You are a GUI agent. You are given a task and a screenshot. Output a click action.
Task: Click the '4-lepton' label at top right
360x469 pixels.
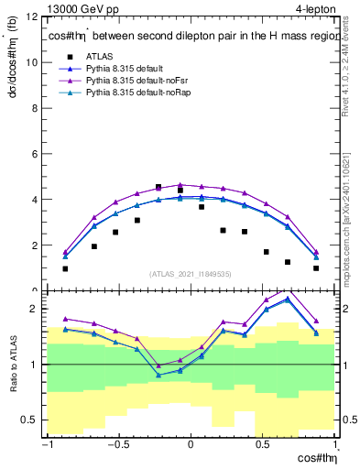[x=314, y=8]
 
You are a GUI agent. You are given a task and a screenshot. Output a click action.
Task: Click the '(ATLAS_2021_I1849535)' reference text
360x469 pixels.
[x=191, y=273]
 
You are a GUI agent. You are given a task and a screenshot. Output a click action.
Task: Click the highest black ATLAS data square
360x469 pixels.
[x=158, y=187]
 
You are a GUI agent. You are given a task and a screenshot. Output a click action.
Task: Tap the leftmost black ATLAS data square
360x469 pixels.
[x=65, y=268]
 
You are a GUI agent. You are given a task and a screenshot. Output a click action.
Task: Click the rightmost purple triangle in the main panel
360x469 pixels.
[x=316, y=252]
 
